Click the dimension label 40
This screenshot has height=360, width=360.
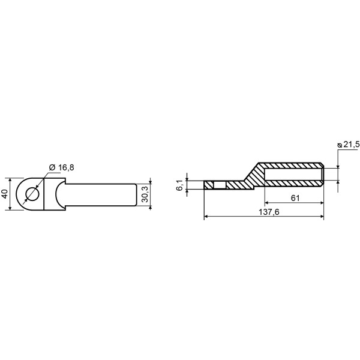[x=5, y=194]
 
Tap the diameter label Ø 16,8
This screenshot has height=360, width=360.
[x=62, y=167]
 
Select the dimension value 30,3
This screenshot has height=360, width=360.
[x=145, y=194]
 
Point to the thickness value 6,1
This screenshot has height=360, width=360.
[x=179, y=185]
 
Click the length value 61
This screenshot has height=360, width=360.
[x=295, y=198]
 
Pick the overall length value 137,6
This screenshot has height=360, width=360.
[x=269, y=212]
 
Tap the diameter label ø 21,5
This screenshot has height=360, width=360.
[x=348, y=145]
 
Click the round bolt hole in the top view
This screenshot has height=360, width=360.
[x=33, y=194]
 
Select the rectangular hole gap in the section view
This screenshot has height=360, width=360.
[x=220, y=185]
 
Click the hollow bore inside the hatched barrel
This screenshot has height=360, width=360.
[x=293, y=174]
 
